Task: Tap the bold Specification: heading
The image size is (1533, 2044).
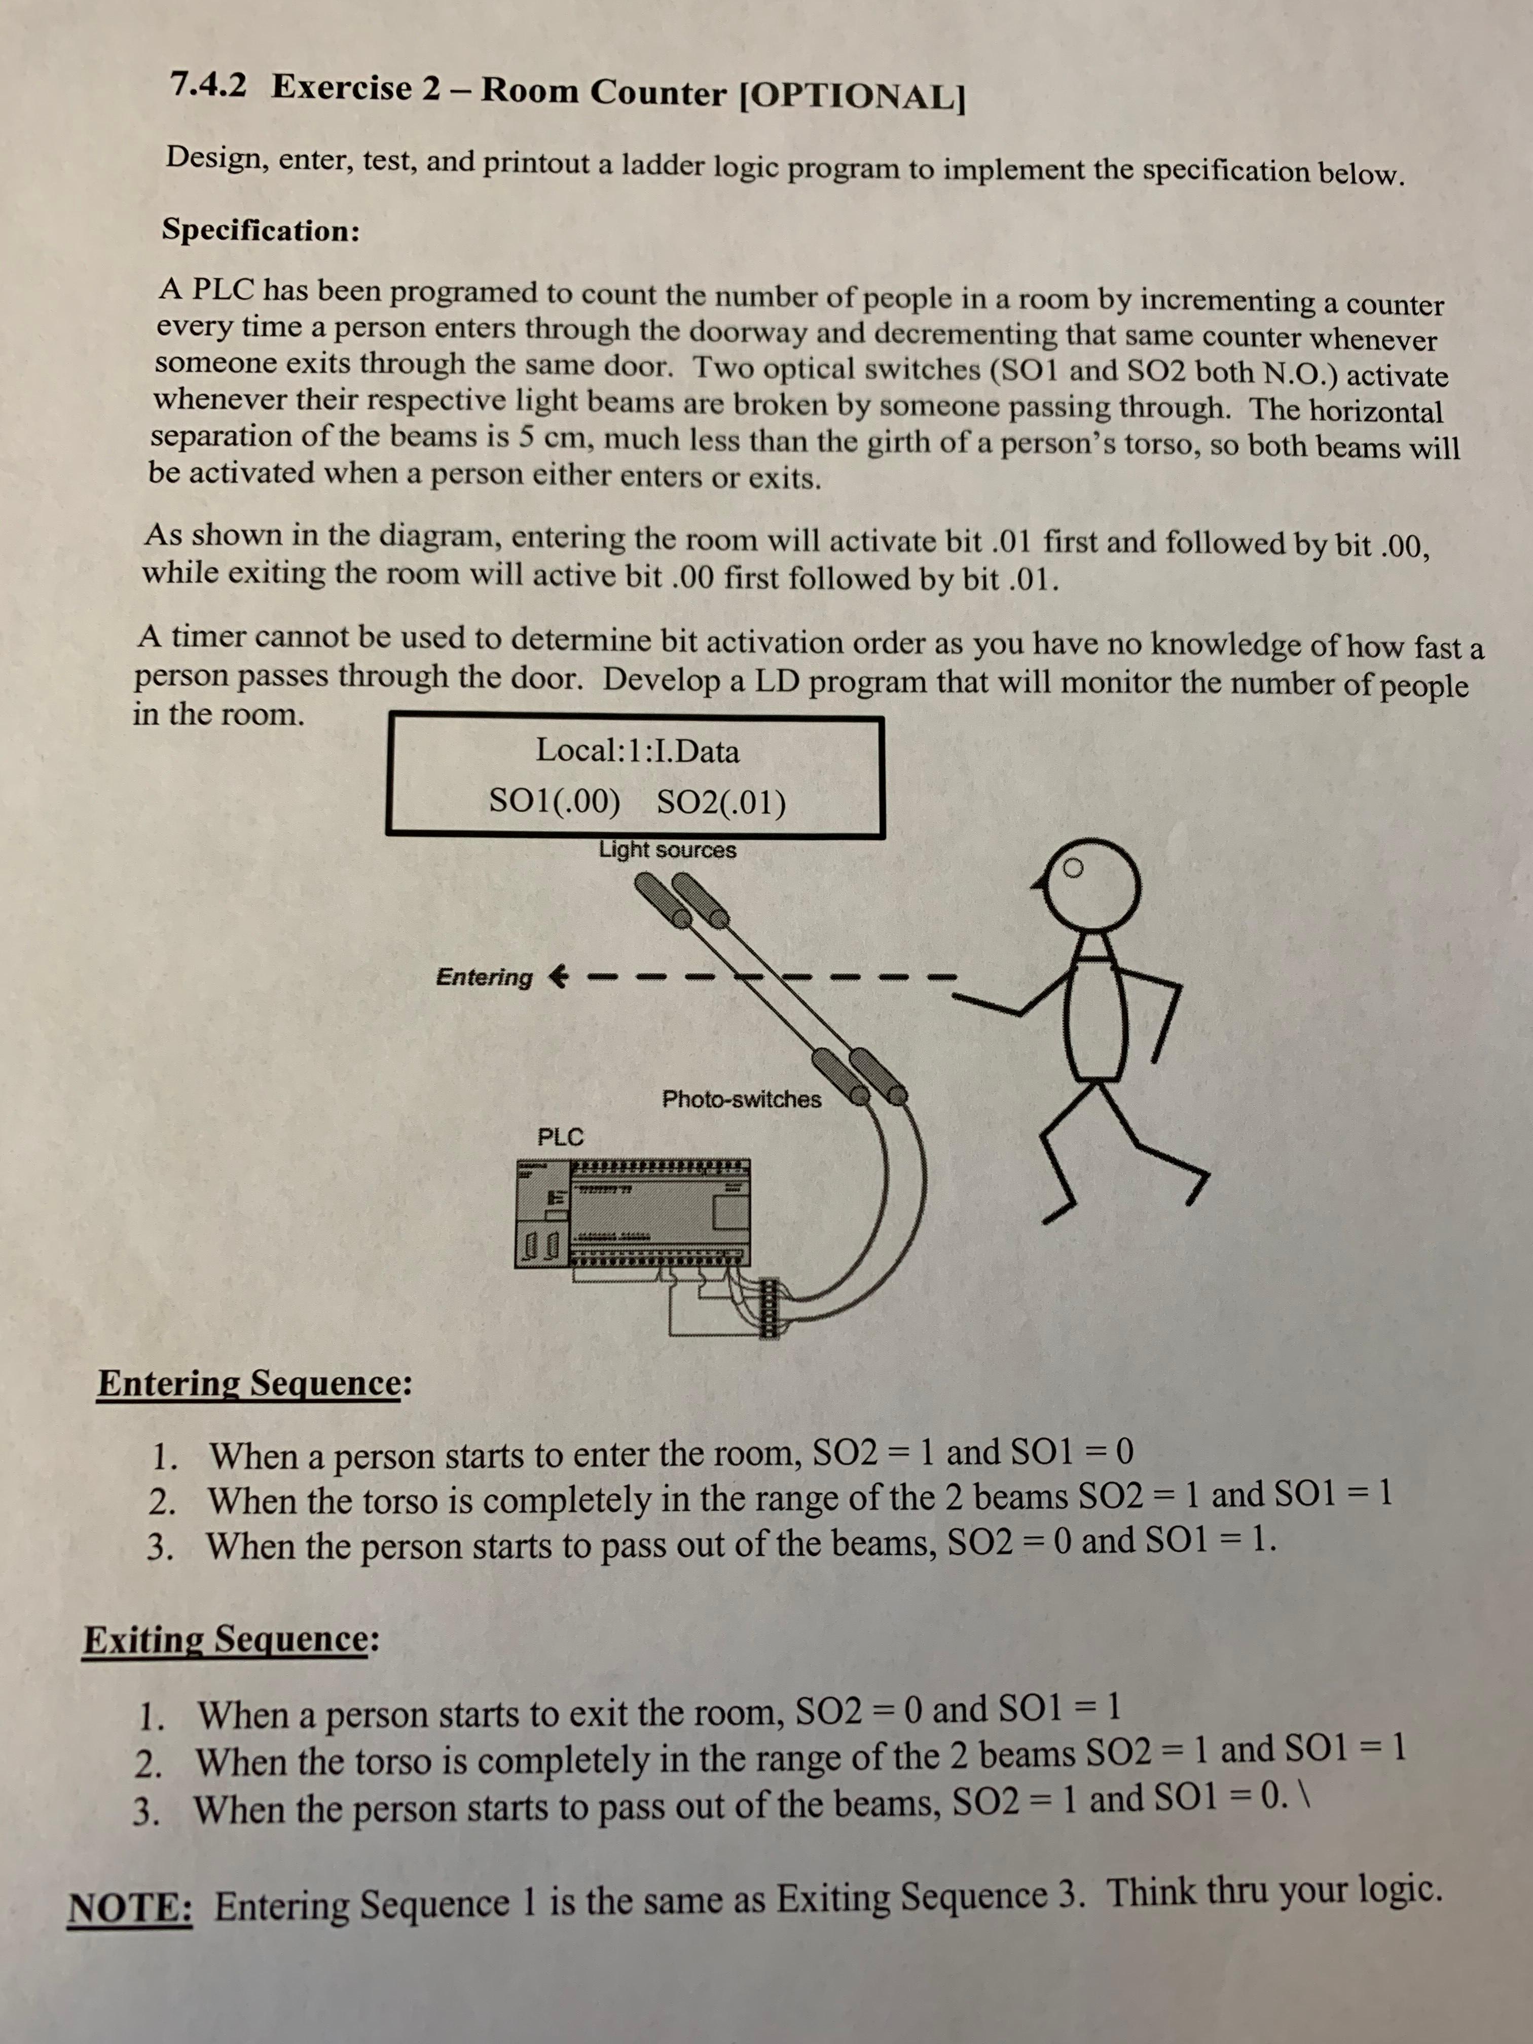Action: (x=261, y=229)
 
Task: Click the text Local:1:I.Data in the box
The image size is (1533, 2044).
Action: (x=638, y=750)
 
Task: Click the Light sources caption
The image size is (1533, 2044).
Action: (x=667, y=849)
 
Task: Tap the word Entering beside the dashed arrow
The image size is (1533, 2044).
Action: (x=484, y=977)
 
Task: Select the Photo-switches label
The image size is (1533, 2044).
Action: (x=741, y=1099)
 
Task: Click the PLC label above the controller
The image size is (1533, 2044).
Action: (x=560, y=1137)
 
